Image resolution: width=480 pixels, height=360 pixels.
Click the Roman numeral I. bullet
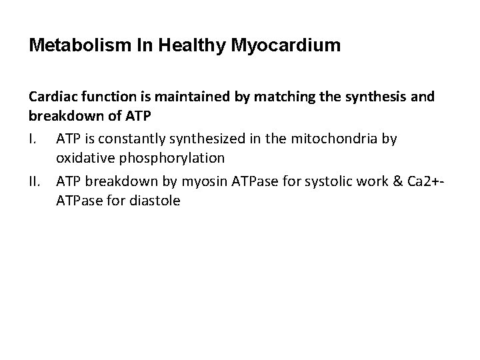click(35, 139)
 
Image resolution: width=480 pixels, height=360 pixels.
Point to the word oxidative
click(83, 159)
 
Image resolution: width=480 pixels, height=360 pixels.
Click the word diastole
click(153, 199)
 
